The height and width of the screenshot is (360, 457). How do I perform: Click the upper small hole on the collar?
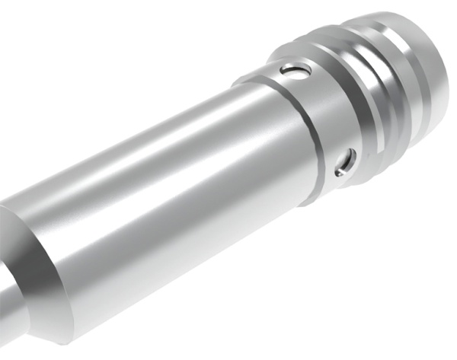pyautogui.click(x=295, y=72)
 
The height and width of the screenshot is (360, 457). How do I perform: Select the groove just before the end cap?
pyautogui.click(x=400, y=84)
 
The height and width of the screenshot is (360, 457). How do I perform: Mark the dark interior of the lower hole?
pyautogui.click(x=347, y=161)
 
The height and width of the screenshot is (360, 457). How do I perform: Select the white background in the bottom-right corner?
pyautogui.click(x=411, y=320)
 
